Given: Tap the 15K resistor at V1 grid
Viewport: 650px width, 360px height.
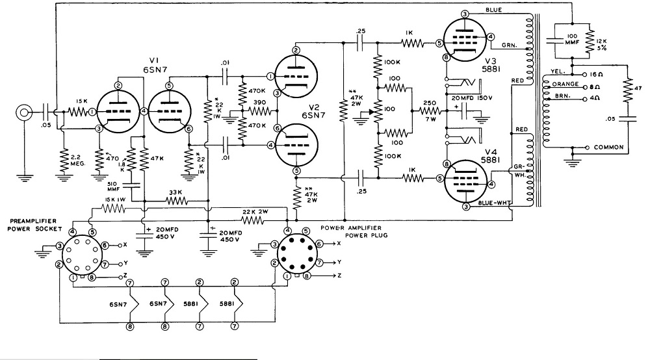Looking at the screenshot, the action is (x=77, y=112).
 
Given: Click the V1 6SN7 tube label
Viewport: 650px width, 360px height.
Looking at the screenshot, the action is (x=155, y=66).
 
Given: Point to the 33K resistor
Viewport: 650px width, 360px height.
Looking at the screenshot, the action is (x=177, y=201).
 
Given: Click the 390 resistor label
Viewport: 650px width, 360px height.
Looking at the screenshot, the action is (x=259, y=103).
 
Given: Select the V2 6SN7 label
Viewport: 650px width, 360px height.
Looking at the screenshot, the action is (x=313, y=110).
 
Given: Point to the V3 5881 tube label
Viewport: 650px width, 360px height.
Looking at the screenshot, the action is (x=491, y=65).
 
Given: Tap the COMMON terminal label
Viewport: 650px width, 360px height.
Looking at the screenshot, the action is (x=608, y=147).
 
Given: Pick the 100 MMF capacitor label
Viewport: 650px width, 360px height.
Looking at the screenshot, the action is (x=572, y=40).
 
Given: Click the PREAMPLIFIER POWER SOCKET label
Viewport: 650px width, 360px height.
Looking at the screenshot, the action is (x=34, y=225).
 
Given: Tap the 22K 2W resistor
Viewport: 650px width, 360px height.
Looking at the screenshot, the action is (x=253, y=220).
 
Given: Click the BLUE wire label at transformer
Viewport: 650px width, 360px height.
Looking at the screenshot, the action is (x=493, y=10).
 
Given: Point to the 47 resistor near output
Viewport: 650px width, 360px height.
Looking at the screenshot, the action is (x=628, y=90).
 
